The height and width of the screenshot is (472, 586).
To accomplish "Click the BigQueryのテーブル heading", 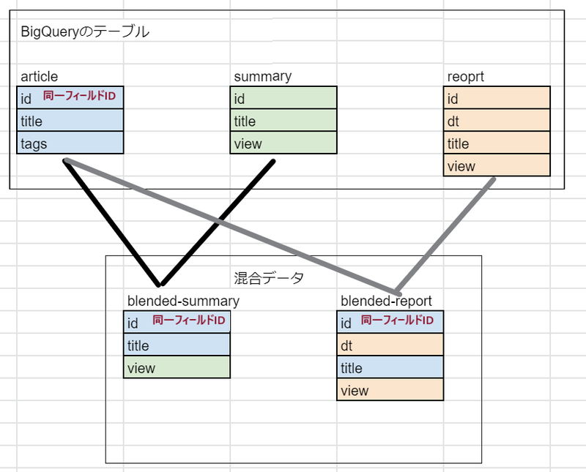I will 85,31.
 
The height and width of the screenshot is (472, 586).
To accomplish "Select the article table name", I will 39,76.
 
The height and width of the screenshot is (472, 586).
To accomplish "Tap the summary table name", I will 262,76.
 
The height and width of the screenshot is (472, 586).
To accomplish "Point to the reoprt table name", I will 465,76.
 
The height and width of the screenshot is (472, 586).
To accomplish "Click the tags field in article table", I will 70,143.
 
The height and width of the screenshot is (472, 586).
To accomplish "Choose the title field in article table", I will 70,121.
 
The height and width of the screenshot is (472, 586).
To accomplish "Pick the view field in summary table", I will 284,143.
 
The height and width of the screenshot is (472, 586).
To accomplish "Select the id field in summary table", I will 284,99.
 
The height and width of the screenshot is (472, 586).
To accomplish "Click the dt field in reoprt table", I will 497,121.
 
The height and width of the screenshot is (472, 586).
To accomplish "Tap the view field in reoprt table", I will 497,166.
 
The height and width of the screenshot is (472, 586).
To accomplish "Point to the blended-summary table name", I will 183,301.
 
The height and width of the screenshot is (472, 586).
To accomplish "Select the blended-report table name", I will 386,301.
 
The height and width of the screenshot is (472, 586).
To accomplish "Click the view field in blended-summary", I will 177,367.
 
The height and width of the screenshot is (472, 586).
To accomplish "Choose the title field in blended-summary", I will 177,345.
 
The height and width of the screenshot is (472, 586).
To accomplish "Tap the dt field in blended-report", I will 390,345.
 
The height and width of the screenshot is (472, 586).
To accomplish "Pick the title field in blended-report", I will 390,368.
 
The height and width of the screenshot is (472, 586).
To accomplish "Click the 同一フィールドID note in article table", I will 79,96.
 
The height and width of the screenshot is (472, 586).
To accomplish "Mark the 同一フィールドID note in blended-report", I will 398,321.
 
